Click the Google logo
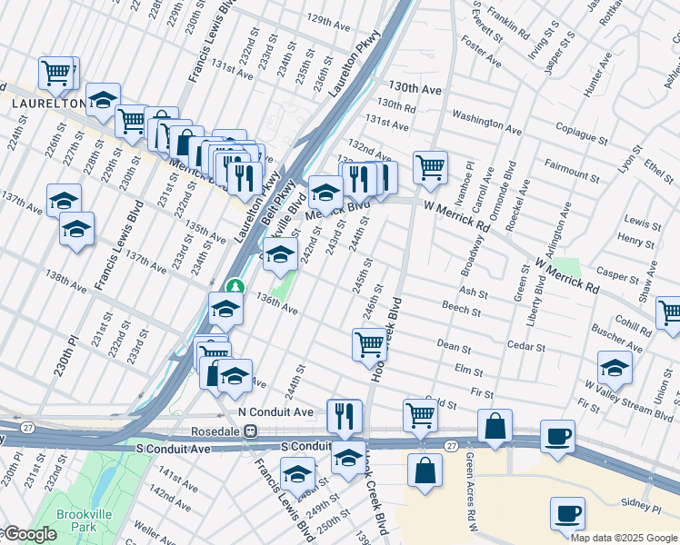click(29, 534)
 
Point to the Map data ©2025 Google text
click(624, 538)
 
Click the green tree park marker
click(235, 287)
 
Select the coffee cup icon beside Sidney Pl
click(566, 512)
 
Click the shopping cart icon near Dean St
click(369, 344)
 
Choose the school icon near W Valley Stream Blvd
click(615, 368)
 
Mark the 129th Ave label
click(328, 19)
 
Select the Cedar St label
click(527, 347)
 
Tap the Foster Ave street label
click(481, 53)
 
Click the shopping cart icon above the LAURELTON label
click(57, 73)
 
